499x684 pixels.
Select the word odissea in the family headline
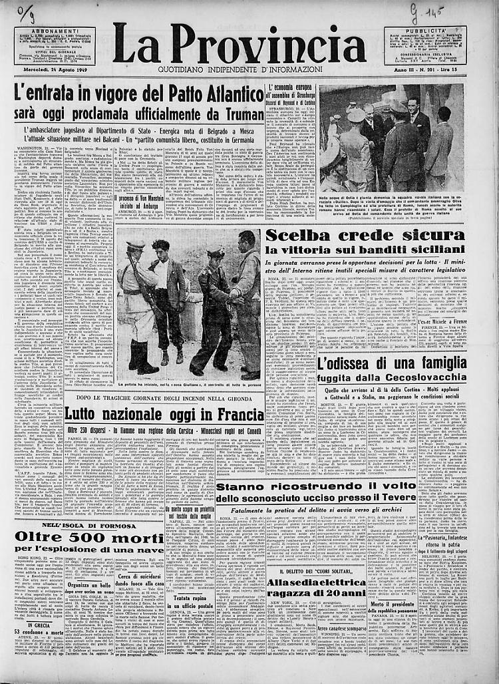click(x=356, y=363)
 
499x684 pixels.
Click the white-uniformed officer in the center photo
click(x=138, y=306)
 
